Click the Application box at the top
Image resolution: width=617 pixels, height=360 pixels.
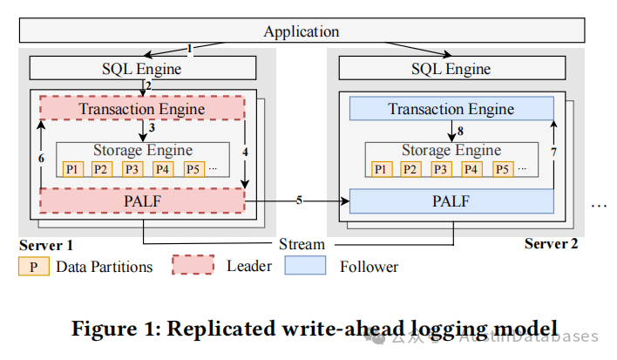pyautogui.click(x=302, y=31)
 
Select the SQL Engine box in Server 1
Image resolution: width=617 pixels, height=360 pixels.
pyautogui.click(x=143, y=69)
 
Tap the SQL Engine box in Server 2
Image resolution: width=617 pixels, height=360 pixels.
pyautogui.click(x=451, y=69)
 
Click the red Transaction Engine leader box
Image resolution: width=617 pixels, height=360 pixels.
pyautogui.click(x=142, y=109)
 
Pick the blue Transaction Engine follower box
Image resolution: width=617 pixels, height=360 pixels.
pyautogui.click(x=451, y=109)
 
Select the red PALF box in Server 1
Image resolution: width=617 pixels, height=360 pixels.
pyautogui.click(x=142, y=200)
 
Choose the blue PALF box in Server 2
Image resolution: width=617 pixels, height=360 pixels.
pyautogui.click(x=451, y=200)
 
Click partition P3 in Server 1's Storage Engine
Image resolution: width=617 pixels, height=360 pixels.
pyautogui.click(x=132, y=169)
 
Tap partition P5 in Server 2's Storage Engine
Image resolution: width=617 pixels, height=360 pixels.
pyautogui.click(x=502, y=169)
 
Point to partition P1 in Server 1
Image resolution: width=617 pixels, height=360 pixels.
pyautogui.click(x=72, y=169)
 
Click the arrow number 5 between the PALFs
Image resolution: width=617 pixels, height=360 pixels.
pyautogui.click(x=299, y=200)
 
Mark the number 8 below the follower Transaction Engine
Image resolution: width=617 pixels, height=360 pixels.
pyautogui.click(x=461, y=132)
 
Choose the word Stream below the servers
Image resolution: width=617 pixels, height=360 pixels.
pyautogui.click(x=302, y=243)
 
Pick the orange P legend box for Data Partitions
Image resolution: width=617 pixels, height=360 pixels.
pyautogui.click(x=33, y=266)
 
